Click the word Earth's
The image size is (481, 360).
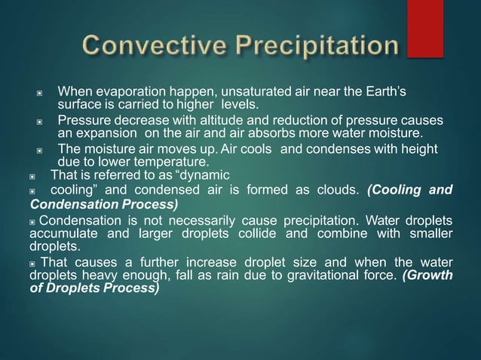coord(384,92)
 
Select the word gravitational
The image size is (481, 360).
coord(311,275)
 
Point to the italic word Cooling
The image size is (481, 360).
coord(397,190)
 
